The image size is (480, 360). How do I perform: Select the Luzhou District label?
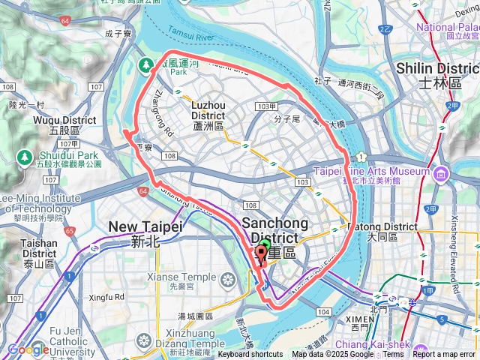click(x=208, y=115)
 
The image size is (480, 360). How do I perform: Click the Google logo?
click(x=28, y=349)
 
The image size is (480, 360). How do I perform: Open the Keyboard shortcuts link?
click(x=250, y=355)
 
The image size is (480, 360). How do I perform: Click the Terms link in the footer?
click(x=393, y=355)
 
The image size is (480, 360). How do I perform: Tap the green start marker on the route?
click(x=263, y=250)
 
